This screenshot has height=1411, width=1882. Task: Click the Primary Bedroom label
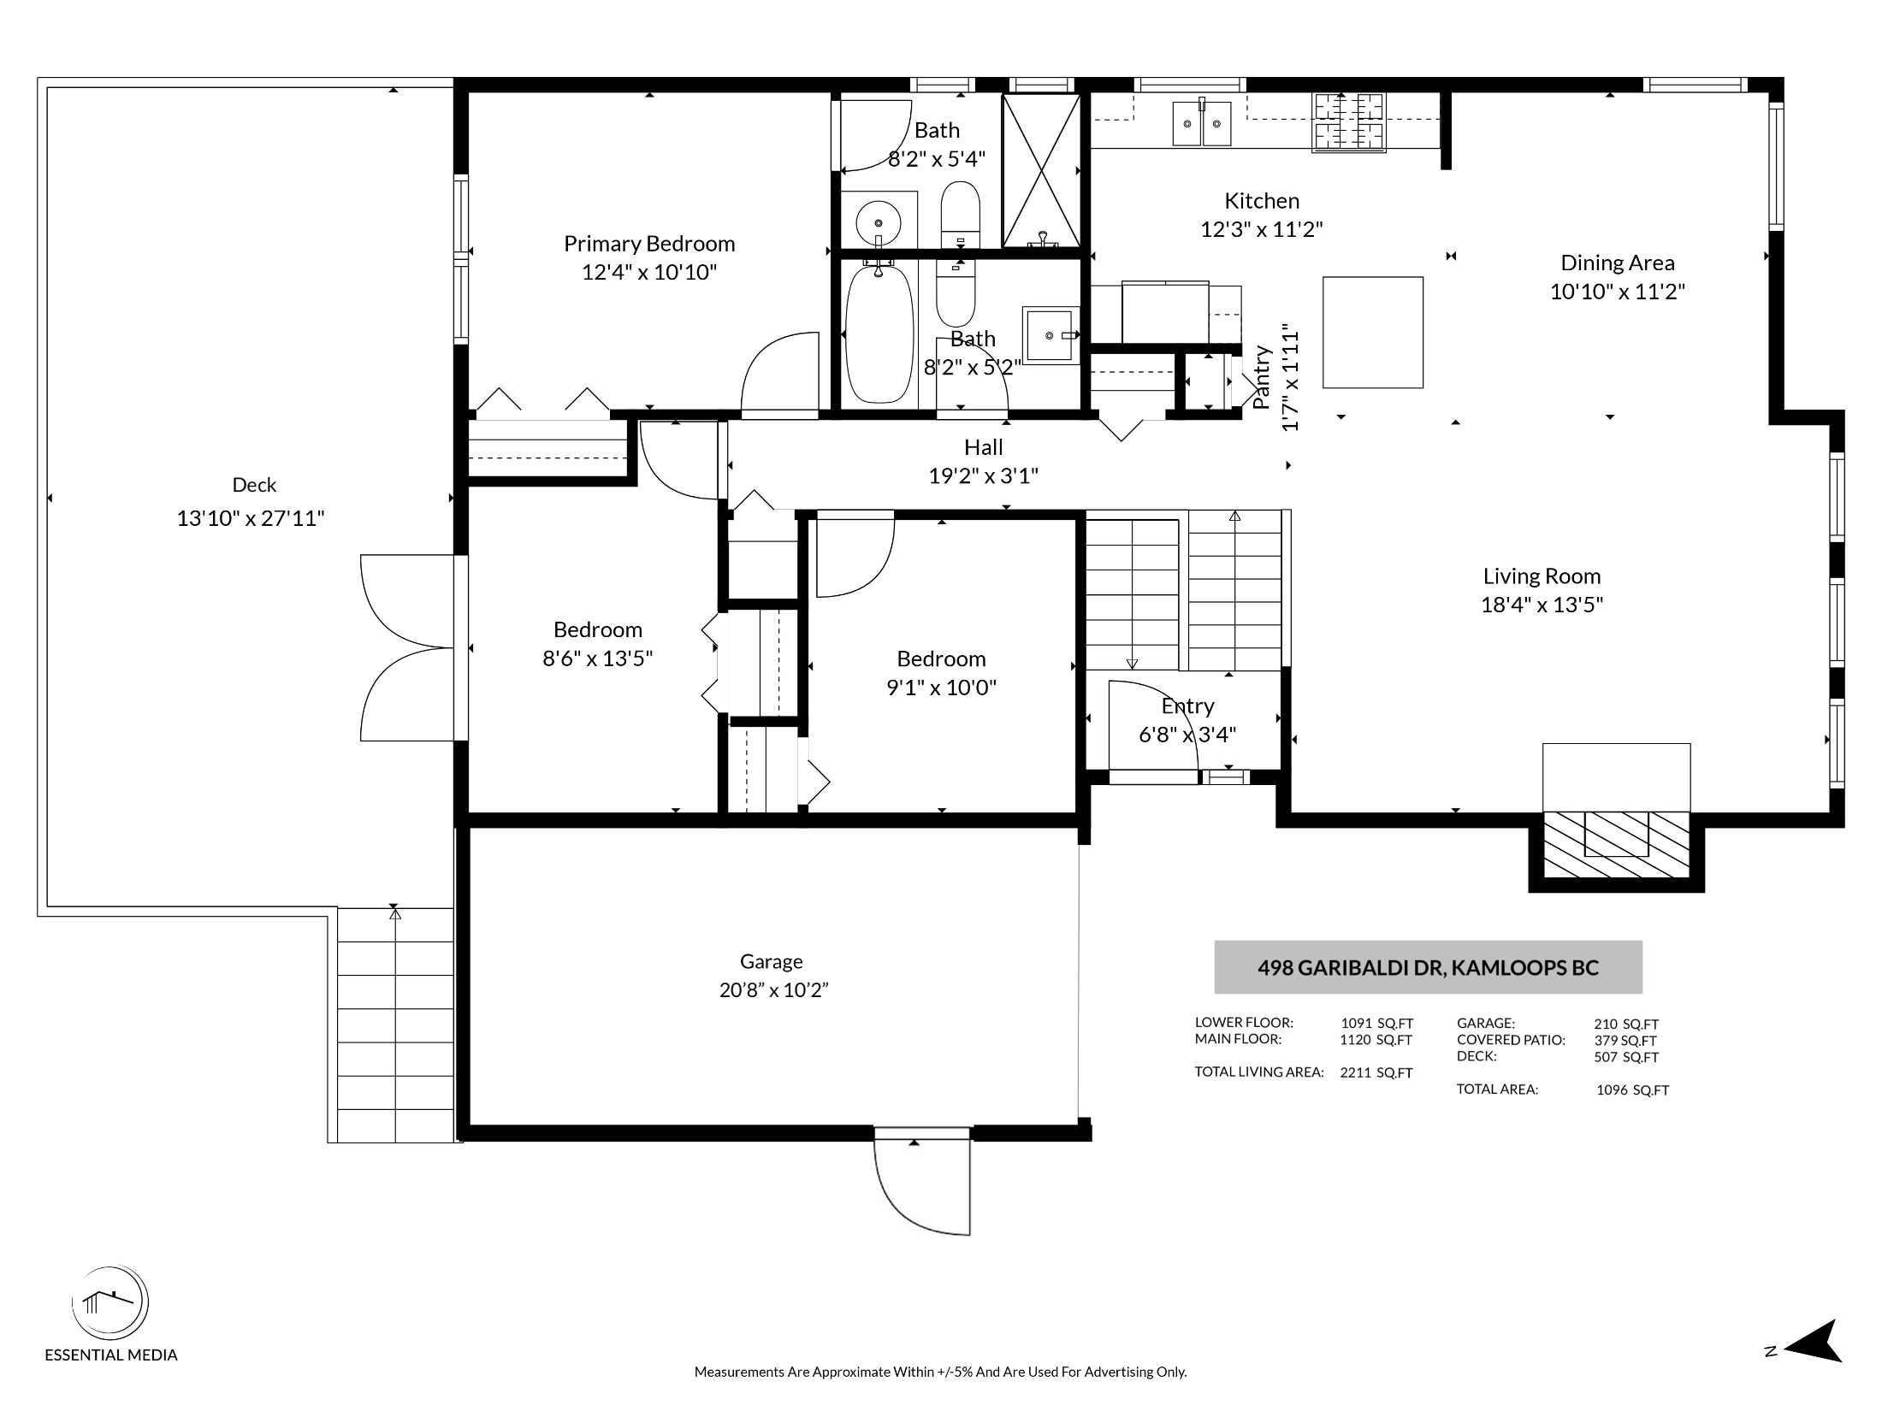(x=649, y=244)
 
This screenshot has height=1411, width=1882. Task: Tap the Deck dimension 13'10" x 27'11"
(x=251, y=518)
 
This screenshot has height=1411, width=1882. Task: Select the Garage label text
(x=772, y=961)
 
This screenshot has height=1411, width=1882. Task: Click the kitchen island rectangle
(x=1373, y=333)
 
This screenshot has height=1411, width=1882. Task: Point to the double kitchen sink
(x=1202, y=123)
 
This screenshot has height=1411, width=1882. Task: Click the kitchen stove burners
(x=1349, y=121)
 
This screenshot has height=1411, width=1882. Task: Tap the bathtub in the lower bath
(x=879, y=334)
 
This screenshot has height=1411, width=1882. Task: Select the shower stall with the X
(x=1041, y=170)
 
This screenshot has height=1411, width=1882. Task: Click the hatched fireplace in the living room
(x=1617, y=844)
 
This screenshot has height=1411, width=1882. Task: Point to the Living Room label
(x=1542, y=576)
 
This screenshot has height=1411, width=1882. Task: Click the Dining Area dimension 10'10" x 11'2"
(x=1618, y=292)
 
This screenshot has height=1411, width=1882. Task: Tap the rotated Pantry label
(x=1261, y=377)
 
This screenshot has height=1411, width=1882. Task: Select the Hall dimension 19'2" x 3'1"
(x=984, y=475)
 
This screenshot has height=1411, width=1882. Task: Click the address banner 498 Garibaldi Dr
(x=1428, y=967)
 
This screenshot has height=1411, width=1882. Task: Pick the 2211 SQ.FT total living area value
(x=1376, y=1072)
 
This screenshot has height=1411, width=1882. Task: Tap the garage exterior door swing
(x=922, y=1182)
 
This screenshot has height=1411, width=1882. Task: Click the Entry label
(x=1187, y=706)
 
